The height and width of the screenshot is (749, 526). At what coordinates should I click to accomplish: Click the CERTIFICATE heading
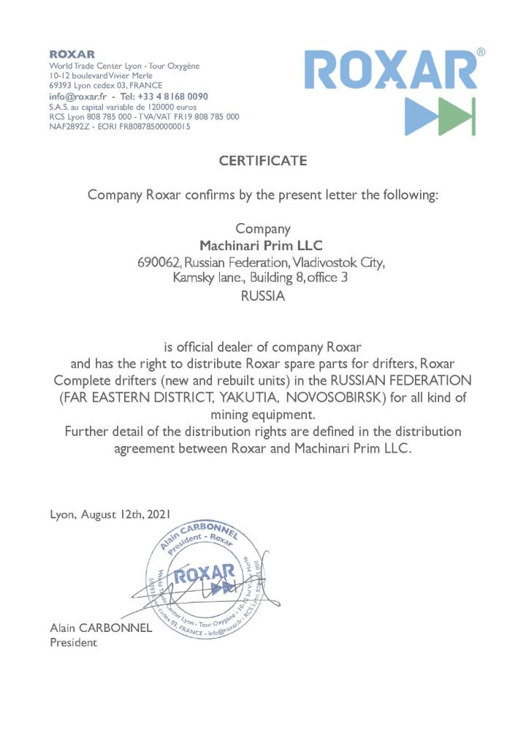coord(263,161)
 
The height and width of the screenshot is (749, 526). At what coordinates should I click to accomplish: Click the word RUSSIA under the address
coord(262,297)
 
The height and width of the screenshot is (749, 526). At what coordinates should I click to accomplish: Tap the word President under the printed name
coord(73,643)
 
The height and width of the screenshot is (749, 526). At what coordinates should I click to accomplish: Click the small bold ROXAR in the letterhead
coord(72,54)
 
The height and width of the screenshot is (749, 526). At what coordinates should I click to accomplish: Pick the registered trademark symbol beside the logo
coord(480,52)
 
